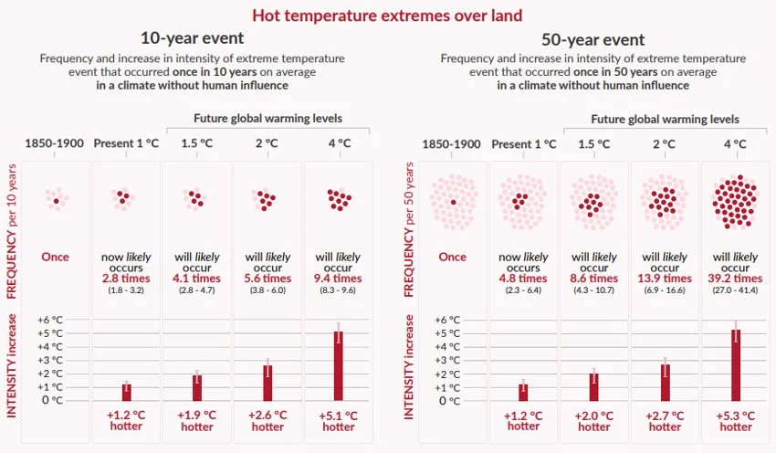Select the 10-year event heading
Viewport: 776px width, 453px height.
[192, 39]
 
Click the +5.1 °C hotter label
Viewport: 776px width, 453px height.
[338, 420]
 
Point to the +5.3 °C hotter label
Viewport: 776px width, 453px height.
[736, 420]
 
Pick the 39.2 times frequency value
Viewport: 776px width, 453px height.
[736, 279]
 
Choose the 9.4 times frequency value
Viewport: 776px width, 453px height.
[338, 279]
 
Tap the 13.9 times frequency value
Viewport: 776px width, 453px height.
[665, 279]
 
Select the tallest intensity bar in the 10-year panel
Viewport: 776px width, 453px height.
[338, 365]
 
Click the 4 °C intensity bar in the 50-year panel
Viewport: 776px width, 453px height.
[736, 364]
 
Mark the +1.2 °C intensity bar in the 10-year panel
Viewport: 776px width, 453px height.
[126, 392]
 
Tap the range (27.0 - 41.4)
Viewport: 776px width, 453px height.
[736, 290]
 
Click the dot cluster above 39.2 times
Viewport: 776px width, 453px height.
[736, 199]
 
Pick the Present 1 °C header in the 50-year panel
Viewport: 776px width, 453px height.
[524, 144]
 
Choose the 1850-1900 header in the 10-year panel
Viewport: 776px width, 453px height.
[55, 144]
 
